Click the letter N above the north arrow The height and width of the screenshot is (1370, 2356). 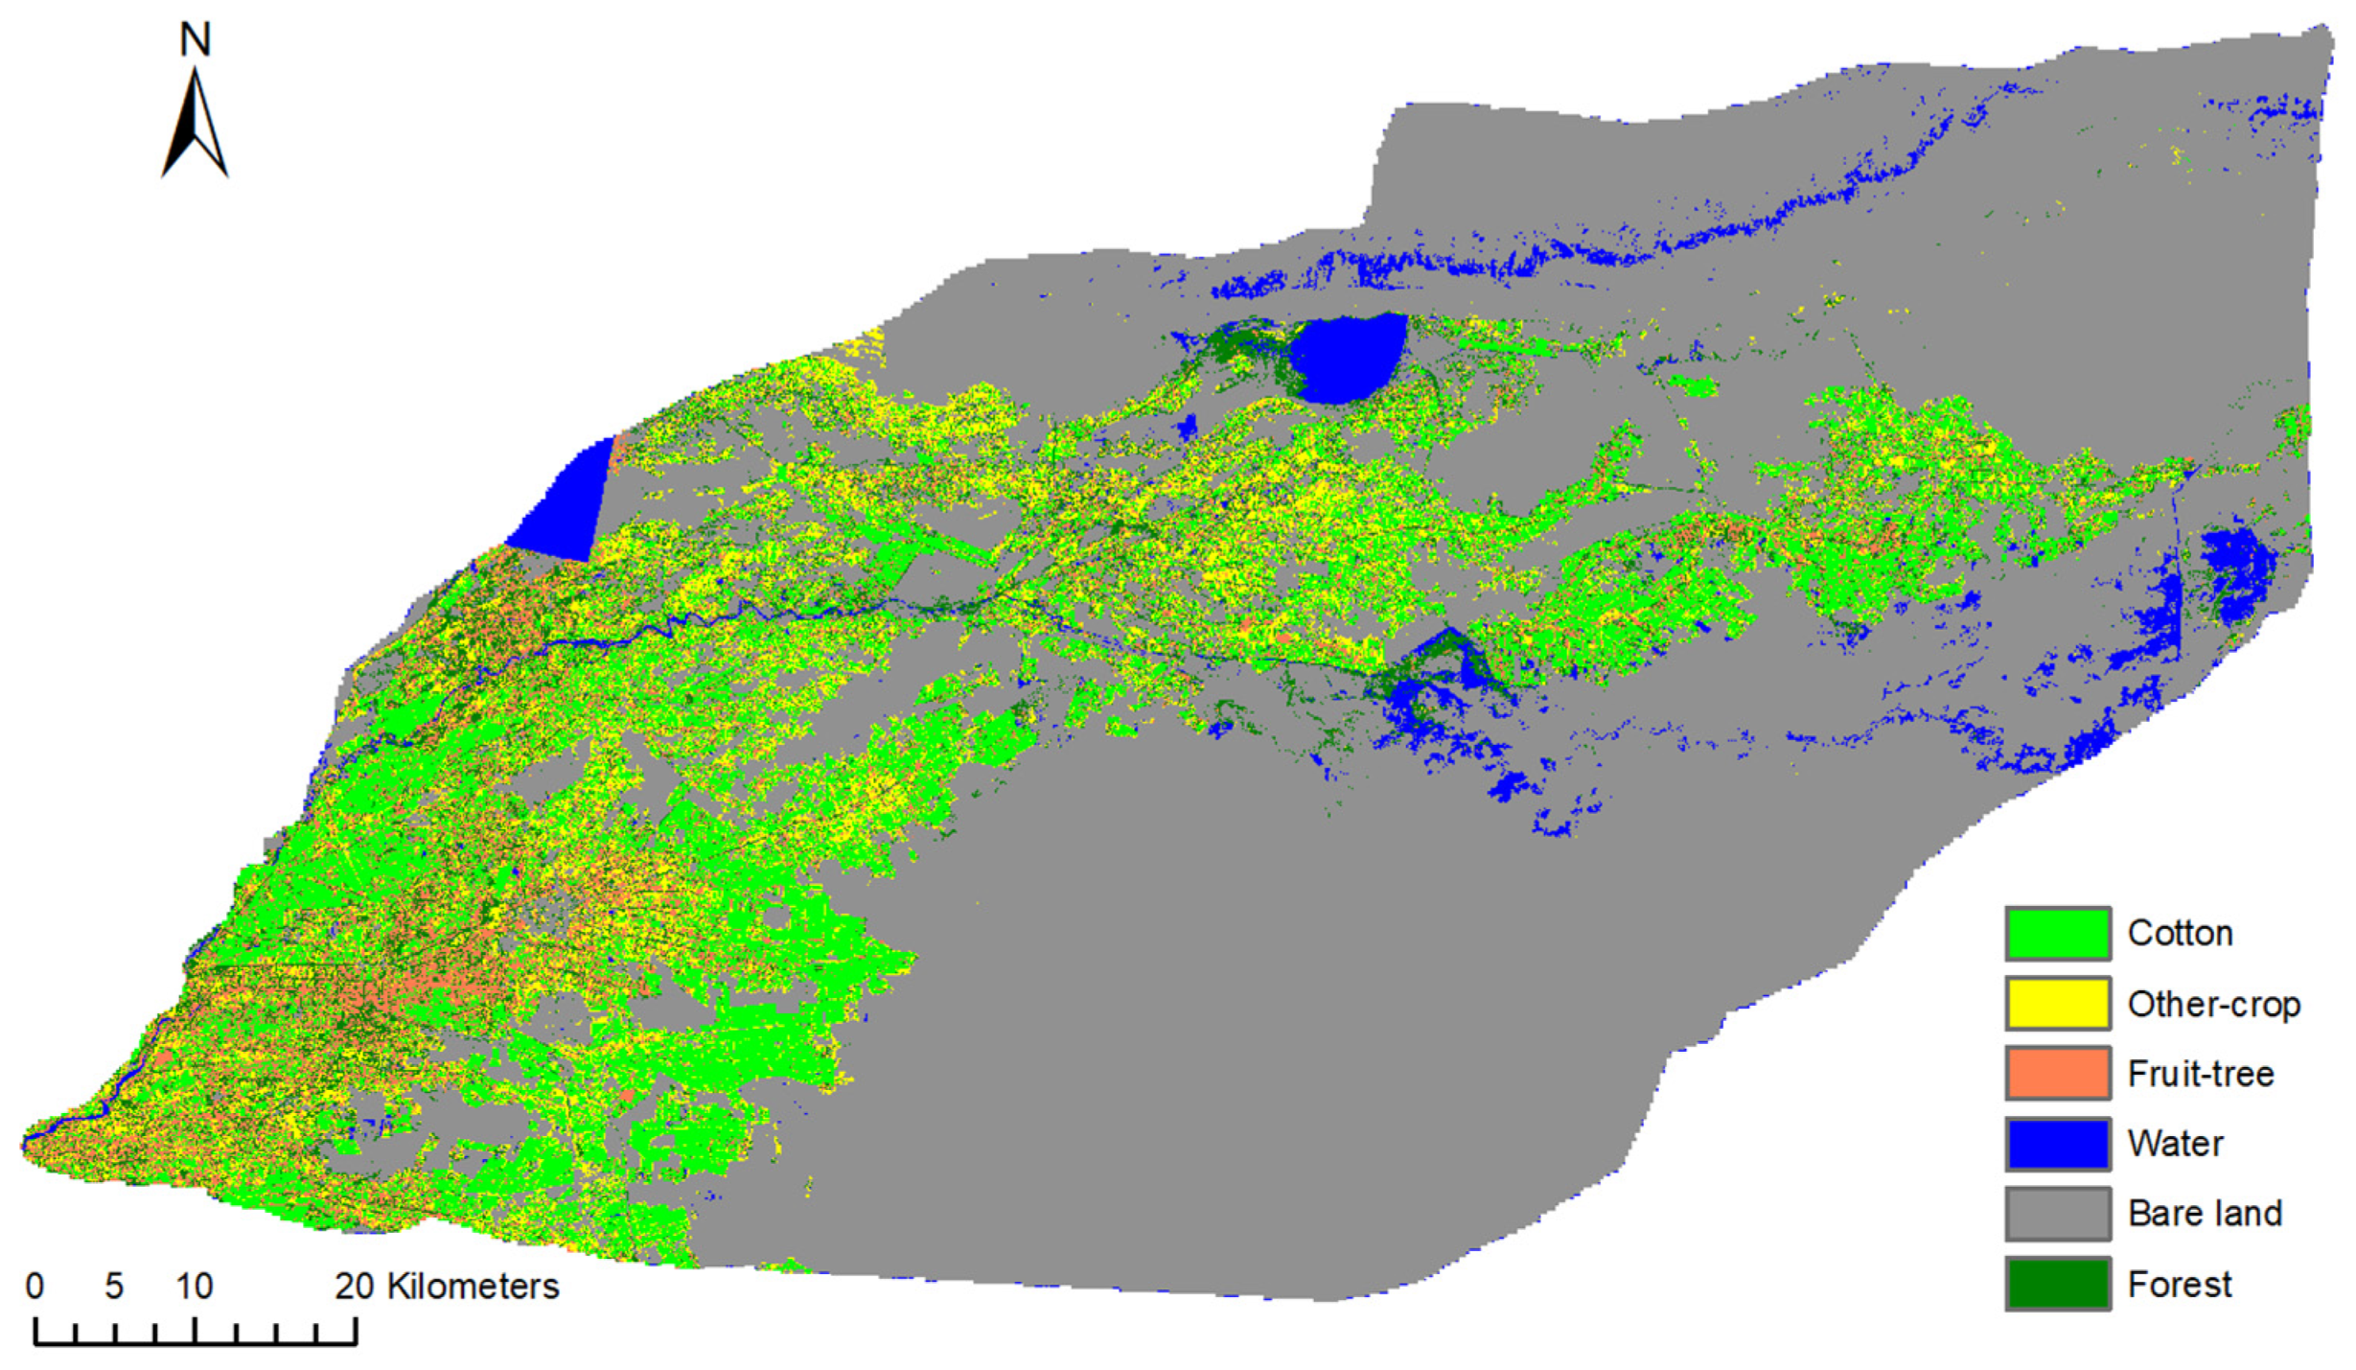(196, 39)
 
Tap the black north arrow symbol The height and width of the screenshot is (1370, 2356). (196, 125)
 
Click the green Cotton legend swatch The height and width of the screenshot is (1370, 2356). (2057, 933)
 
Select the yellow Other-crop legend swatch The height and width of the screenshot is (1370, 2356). (2057, 1004)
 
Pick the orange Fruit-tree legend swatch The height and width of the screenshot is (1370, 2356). (2057, 1073)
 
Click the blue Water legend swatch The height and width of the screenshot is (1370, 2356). (2057, 1144)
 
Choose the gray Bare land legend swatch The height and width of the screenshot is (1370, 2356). (2057, 1214)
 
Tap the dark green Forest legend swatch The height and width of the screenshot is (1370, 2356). (2057, 1284)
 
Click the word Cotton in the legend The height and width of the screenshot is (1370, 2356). (2180, 933)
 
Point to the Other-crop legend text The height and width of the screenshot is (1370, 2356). (2213, 1004)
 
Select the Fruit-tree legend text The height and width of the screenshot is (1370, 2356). (2201, 1074)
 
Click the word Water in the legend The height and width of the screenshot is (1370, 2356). (2175, 1144)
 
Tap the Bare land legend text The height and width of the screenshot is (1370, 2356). (2205, 1214)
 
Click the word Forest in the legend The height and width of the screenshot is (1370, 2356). (2180, 1284)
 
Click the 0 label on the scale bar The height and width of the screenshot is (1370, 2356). (35, 1286)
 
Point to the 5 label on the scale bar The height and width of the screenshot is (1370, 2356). (114, 1286)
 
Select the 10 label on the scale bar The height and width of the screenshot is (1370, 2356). (194, 1286)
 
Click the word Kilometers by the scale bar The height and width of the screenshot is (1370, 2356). (472, 1286)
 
